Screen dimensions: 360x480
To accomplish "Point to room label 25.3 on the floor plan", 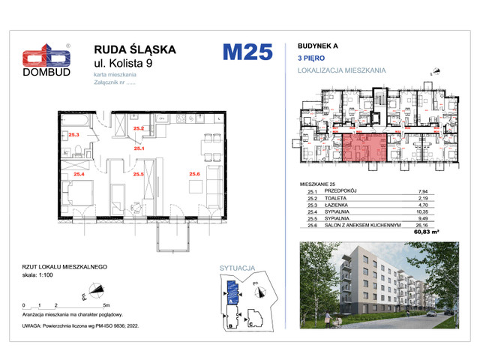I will [73, 135].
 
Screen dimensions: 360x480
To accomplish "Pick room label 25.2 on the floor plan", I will [138, 129].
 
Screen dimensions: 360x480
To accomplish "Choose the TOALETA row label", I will [339, 197].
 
